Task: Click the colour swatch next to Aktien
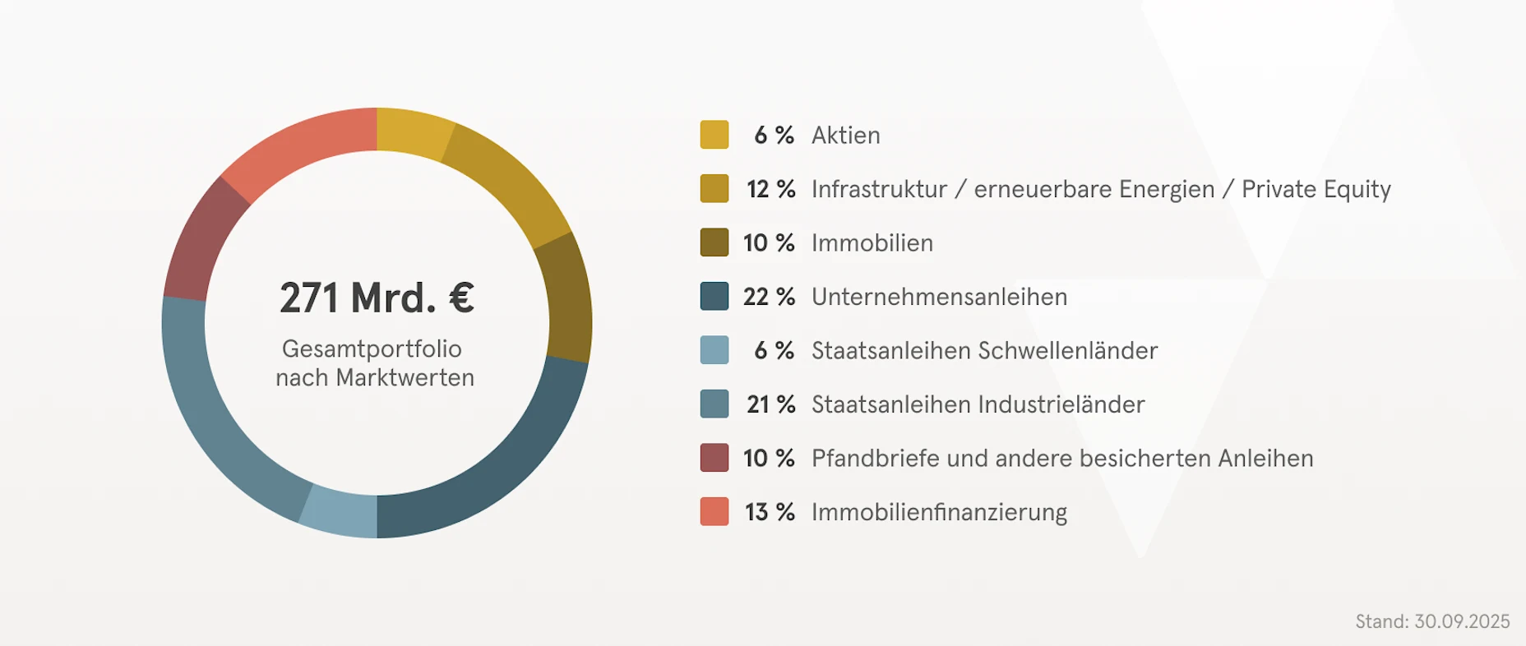tap(714, 135)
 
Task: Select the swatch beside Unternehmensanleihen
tap(714, 297)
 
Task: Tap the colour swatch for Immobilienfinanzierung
tap(714, 511)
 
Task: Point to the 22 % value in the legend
tap(769, 297)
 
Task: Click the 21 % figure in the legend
tap(770, 404)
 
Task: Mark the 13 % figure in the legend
tap(770, 512)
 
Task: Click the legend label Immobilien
tap(872, 243)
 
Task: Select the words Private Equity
tap(1316, 190)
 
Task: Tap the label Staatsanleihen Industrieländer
tap(978, 404)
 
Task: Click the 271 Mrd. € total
tap(377, 298)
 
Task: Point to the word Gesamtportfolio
tap(372, 348)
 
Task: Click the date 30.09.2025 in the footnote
tap(1462, 621)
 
